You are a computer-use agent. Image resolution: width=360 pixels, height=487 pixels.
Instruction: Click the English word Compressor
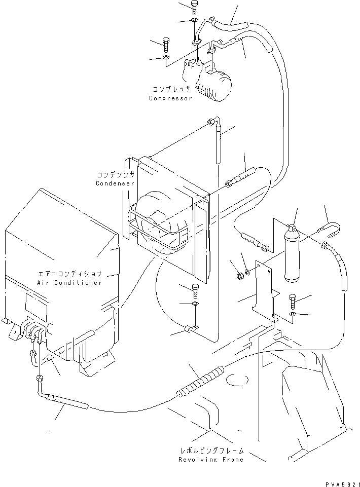click(170, 98)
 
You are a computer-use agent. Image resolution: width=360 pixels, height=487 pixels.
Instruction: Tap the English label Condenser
click(115, 183)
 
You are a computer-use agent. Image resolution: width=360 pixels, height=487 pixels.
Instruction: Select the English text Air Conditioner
click(69, 282)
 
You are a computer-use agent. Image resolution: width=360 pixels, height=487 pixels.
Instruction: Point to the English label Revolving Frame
click(211, 460)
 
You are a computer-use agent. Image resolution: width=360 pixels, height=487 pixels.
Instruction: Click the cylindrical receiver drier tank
click(293, 256)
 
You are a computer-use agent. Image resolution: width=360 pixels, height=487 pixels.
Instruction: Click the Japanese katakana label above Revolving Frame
click(211, 450)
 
